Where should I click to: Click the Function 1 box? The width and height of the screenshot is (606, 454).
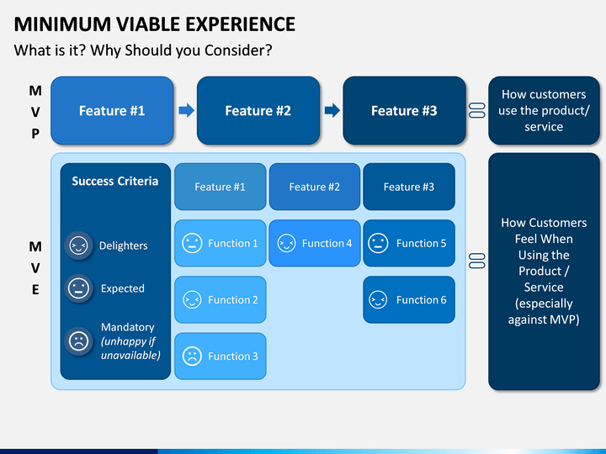221,243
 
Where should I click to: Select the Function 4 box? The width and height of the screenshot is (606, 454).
315,243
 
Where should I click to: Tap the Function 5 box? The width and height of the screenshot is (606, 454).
409,243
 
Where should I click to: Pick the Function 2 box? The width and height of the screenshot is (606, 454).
221,299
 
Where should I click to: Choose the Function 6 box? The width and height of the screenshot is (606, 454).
409,299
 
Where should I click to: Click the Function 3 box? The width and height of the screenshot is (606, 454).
221,356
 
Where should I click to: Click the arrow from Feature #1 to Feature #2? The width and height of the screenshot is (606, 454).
186,110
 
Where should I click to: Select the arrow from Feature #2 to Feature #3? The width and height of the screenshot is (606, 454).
332,110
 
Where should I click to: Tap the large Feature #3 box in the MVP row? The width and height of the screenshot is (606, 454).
404,110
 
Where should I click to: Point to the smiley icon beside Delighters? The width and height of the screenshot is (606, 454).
78,245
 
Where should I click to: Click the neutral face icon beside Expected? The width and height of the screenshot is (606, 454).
78,288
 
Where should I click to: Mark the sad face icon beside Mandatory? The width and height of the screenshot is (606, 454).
78,340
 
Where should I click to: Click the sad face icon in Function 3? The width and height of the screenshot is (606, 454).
192,356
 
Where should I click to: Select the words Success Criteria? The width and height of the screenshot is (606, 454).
115,181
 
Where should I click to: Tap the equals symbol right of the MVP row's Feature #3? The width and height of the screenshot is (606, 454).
477,110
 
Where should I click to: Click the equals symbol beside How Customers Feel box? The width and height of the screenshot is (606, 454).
477,261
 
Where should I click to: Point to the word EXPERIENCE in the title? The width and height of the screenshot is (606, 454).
241,24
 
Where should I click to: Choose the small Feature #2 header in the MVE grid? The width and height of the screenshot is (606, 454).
315,187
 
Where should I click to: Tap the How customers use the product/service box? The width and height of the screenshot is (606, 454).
545,110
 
